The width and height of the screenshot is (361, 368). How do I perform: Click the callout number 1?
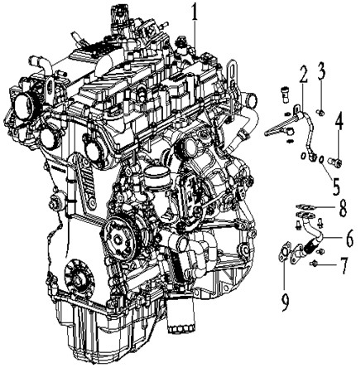coord(195,12)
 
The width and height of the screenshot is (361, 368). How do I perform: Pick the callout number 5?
coord(335,186)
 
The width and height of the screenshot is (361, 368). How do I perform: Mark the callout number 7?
coord(344,265)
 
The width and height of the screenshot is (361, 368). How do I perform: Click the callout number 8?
coord(342,208)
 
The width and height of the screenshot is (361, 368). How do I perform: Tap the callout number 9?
coord(286,302)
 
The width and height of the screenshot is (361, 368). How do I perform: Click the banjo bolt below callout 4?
coord(335,161)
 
